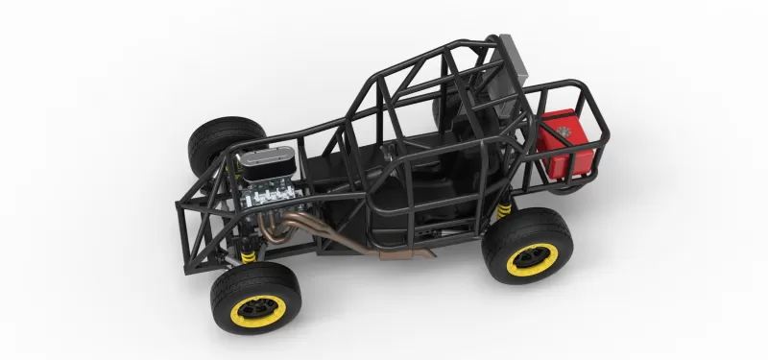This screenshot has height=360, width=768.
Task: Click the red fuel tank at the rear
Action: pyautogui.click(x=566, y=144)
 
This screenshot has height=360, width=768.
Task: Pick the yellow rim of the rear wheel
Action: pyautogui.click(x=531, y=256)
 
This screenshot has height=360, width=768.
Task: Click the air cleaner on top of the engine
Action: pyautogui.click(x=267, y=169)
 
